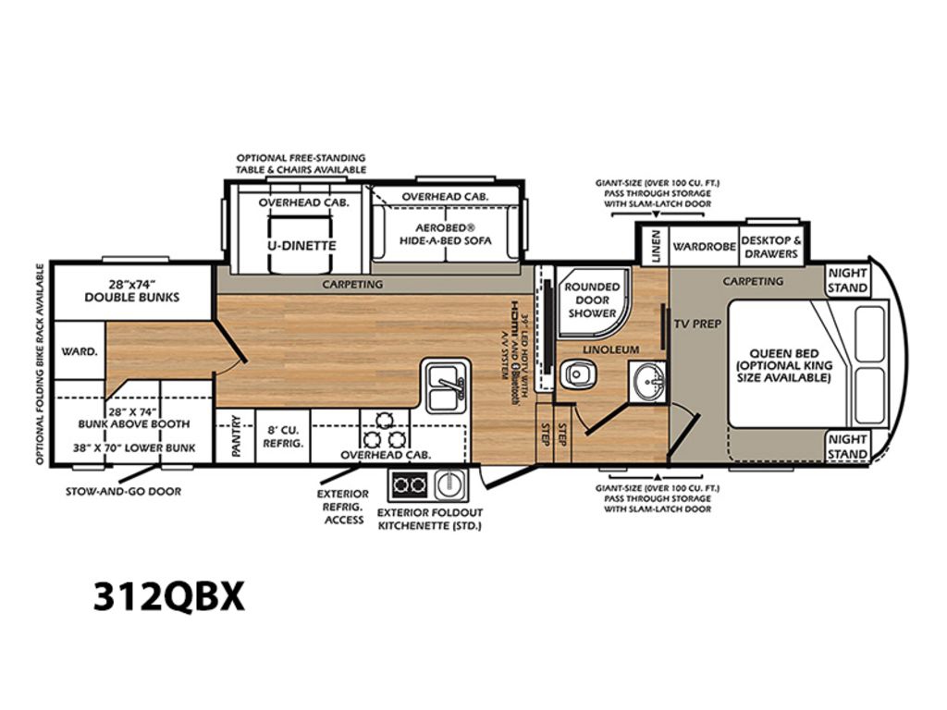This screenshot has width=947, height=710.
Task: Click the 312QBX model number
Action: pos(169,596)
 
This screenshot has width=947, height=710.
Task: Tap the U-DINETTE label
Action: pos(301,246)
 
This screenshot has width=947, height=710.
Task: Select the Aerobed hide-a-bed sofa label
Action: pos(446,234)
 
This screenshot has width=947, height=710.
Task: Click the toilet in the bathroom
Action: pos(577,374)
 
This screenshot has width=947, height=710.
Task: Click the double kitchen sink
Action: pos(446,386)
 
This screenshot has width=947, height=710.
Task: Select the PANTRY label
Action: pos(236,435)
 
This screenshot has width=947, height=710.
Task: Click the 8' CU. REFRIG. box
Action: pos(283,436)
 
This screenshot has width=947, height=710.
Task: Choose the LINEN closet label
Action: pos(656,246)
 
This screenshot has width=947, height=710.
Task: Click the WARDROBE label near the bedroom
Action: pos(704,246)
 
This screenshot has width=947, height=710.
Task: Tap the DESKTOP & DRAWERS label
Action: pos(771,247)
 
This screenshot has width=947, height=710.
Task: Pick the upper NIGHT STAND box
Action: pos(847,281)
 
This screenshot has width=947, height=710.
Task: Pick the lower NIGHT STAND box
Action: pos(847,447)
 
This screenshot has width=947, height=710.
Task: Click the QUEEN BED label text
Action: pos(784,353)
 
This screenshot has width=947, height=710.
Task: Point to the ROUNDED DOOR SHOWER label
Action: pos(592,300)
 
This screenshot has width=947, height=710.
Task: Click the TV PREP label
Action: pos(697,324)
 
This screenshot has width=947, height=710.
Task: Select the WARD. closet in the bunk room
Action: pos(80,350)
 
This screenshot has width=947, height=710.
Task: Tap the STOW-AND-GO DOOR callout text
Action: pos(123,492)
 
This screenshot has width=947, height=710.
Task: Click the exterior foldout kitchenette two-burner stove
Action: pos(410,484)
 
